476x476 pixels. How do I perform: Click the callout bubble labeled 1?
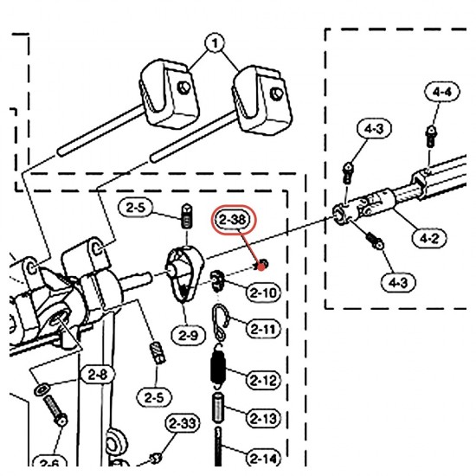[x=215, y=43]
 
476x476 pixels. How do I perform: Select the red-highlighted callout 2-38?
[x=233, y=220]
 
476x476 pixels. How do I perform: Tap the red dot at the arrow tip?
[x=261, y=267]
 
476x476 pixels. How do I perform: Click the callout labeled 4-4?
[x=441, y=92]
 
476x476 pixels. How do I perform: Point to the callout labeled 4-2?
[x=429, y=239]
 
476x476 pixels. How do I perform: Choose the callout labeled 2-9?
[x=188, y=336]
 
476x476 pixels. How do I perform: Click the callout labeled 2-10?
[x=263, y=293]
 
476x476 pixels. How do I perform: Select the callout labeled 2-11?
[x=263, y=329]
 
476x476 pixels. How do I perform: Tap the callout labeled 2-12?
[x=263, y=380]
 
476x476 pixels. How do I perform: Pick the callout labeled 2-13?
[x=263, y=419]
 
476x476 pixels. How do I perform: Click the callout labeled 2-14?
[x=263, y=459]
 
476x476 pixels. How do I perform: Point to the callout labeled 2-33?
[x=183, y=423]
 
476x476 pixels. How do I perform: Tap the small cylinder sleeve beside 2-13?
[x=217, y=408]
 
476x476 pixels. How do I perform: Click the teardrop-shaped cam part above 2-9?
[x=184, y=274]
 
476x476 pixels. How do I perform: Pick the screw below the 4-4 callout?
[x=430, y=138]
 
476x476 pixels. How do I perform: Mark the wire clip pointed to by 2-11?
[x=220, y=323]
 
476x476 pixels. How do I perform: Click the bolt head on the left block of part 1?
[x=183, y=88]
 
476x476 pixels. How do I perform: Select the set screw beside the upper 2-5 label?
[x=186, y=216]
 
